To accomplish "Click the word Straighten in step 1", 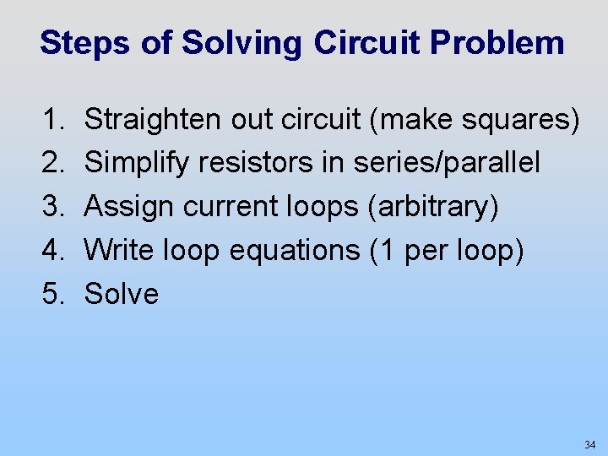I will pos(153,121).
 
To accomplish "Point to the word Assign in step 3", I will pos(128,207).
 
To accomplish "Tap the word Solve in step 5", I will pos(122,294).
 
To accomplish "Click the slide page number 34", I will pos(589,444).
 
